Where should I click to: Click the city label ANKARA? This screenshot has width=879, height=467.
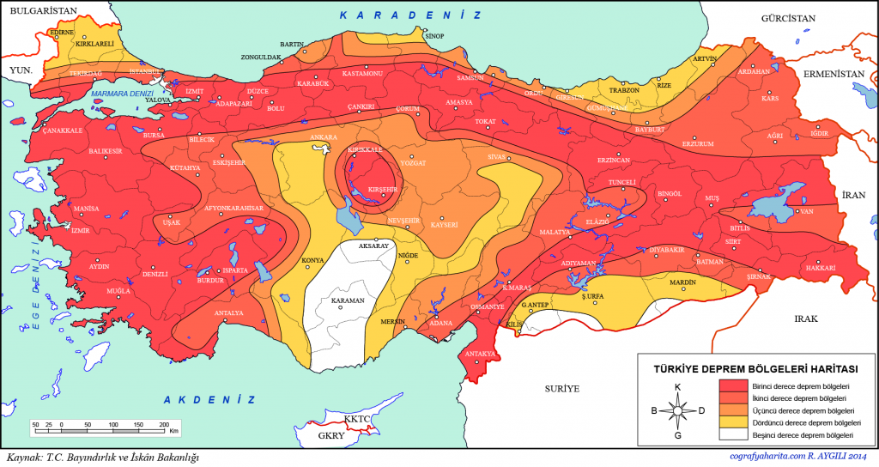pos(322,136)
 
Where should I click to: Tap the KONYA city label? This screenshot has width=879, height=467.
pos(312,260)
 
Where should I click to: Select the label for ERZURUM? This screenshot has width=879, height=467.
pos(697,143)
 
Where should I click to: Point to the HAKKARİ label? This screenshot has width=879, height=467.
pos(821,268)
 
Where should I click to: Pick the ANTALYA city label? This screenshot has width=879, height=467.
pos(229,312)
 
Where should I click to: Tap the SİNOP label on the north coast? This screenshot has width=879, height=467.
pos(435,36)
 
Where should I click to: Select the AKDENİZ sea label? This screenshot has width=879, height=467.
pos(209,399)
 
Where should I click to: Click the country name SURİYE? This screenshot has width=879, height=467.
pos(561,388)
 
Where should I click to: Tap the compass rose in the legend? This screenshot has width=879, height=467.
pos(677,410)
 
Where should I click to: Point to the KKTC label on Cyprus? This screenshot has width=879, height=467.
pos(355,419)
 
